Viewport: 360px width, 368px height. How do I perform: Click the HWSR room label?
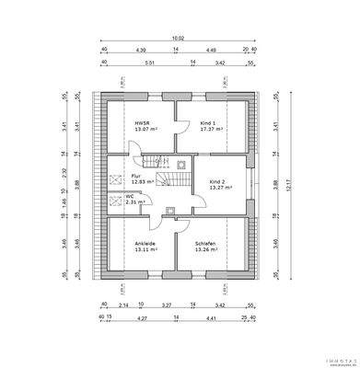(141, 122)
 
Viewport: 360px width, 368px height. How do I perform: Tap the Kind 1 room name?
(207, 122)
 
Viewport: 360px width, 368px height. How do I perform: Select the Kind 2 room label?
(217, 182)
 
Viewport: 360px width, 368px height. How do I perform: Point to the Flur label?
(135, 175)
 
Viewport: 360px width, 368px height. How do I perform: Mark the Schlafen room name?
(204, 243)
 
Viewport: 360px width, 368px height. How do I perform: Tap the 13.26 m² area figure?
(207, 249)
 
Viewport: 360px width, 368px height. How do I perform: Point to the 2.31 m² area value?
(134, 202)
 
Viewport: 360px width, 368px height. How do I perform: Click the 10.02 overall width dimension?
(176, 39)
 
